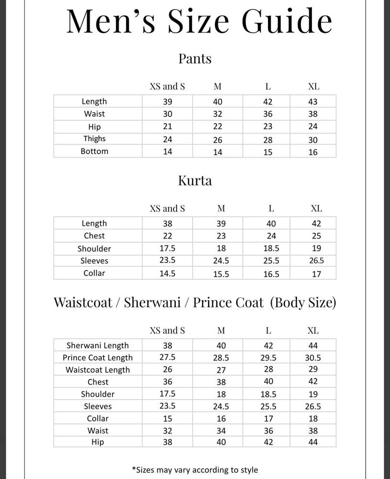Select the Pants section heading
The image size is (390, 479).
(195, 59)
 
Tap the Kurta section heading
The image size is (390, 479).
(195, 181)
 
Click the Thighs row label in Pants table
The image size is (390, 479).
(94, 138)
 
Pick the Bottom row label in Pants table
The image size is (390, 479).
(94, 151)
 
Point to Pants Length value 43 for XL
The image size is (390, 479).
(313, 102)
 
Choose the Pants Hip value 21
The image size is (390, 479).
(167, 127)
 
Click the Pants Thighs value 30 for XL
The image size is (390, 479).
(313, 140)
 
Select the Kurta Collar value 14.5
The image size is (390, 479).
(167, 274)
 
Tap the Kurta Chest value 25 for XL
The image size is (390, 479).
(316, 236)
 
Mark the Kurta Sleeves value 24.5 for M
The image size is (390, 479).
(221, 262)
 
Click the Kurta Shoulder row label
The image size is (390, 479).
(94, 249)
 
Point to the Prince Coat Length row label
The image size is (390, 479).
(98, 357)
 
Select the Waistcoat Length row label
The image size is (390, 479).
(98, 370)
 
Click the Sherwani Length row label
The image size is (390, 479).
(98, 345)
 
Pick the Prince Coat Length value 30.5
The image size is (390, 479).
(313, 358)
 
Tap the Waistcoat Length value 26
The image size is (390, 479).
(167, 370)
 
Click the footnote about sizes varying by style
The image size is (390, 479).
(195, 469)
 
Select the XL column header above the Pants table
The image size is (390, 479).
(313, 87)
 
